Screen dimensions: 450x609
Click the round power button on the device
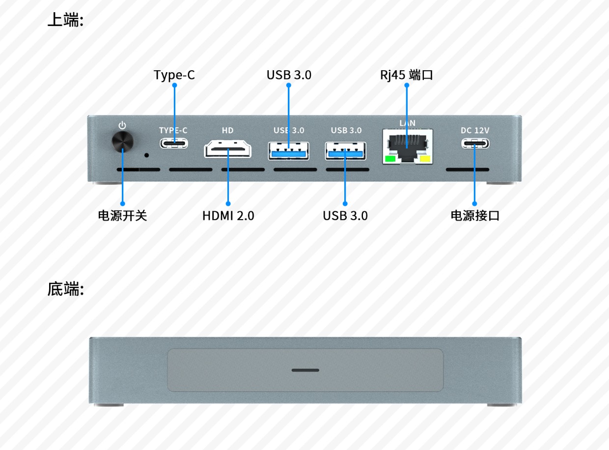click(x=122, y=142)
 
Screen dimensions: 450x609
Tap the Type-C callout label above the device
click(x=174, y=75)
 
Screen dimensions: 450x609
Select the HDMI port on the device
click(x=227, y=148)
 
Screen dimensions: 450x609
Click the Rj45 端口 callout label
click(x=406, y=75)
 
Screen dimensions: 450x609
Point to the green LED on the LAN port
click(x=390, y=159)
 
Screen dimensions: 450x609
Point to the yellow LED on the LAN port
click(x=424, y=159)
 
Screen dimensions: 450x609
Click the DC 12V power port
click(x=475, y=143)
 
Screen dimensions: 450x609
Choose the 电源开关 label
click(x=122, y=216)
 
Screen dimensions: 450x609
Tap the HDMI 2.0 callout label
click(x=228, y=216)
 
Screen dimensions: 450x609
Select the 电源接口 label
click(x=475, y=216)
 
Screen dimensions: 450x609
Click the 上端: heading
click(x=65, y=20)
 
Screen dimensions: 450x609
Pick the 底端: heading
click(x=65, y=289)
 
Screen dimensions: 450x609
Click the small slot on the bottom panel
click(x=305, y=370)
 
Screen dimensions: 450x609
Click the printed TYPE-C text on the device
click(x=173, y=130)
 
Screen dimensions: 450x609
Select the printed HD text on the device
click(x=227, y=130)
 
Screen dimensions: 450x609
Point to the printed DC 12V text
click(x=475, y=130)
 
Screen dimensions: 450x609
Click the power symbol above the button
click(x=122, y=125)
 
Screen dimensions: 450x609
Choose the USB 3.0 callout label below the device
click(x=345, y=216)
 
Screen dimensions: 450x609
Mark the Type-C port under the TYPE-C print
click(x=173, y=143)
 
